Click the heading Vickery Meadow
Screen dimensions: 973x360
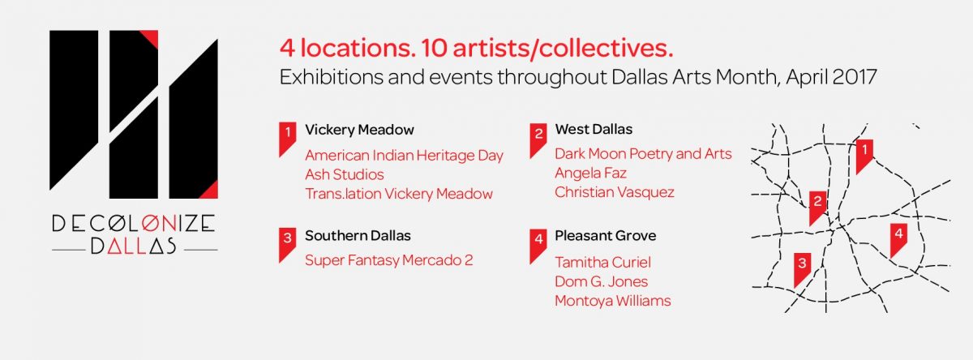359,130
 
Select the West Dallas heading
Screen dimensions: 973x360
594,129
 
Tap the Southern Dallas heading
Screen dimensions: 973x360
358,236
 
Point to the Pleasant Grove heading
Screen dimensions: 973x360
605,236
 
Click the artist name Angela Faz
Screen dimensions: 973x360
590,174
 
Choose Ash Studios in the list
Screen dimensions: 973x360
345,174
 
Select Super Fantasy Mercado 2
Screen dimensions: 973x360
388,260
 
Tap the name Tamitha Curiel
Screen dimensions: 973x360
602,262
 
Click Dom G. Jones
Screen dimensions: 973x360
601,281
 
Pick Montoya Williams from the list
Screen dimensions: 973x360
612,301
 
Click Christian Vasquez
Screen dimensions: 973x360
615,192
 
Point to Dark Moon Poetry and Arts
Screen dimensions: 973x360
643,154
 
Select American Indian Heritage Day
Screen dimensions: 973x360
404,156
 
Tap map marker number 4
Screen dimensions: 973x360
898,240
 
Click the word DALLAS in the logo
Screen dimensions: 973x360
133,246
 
